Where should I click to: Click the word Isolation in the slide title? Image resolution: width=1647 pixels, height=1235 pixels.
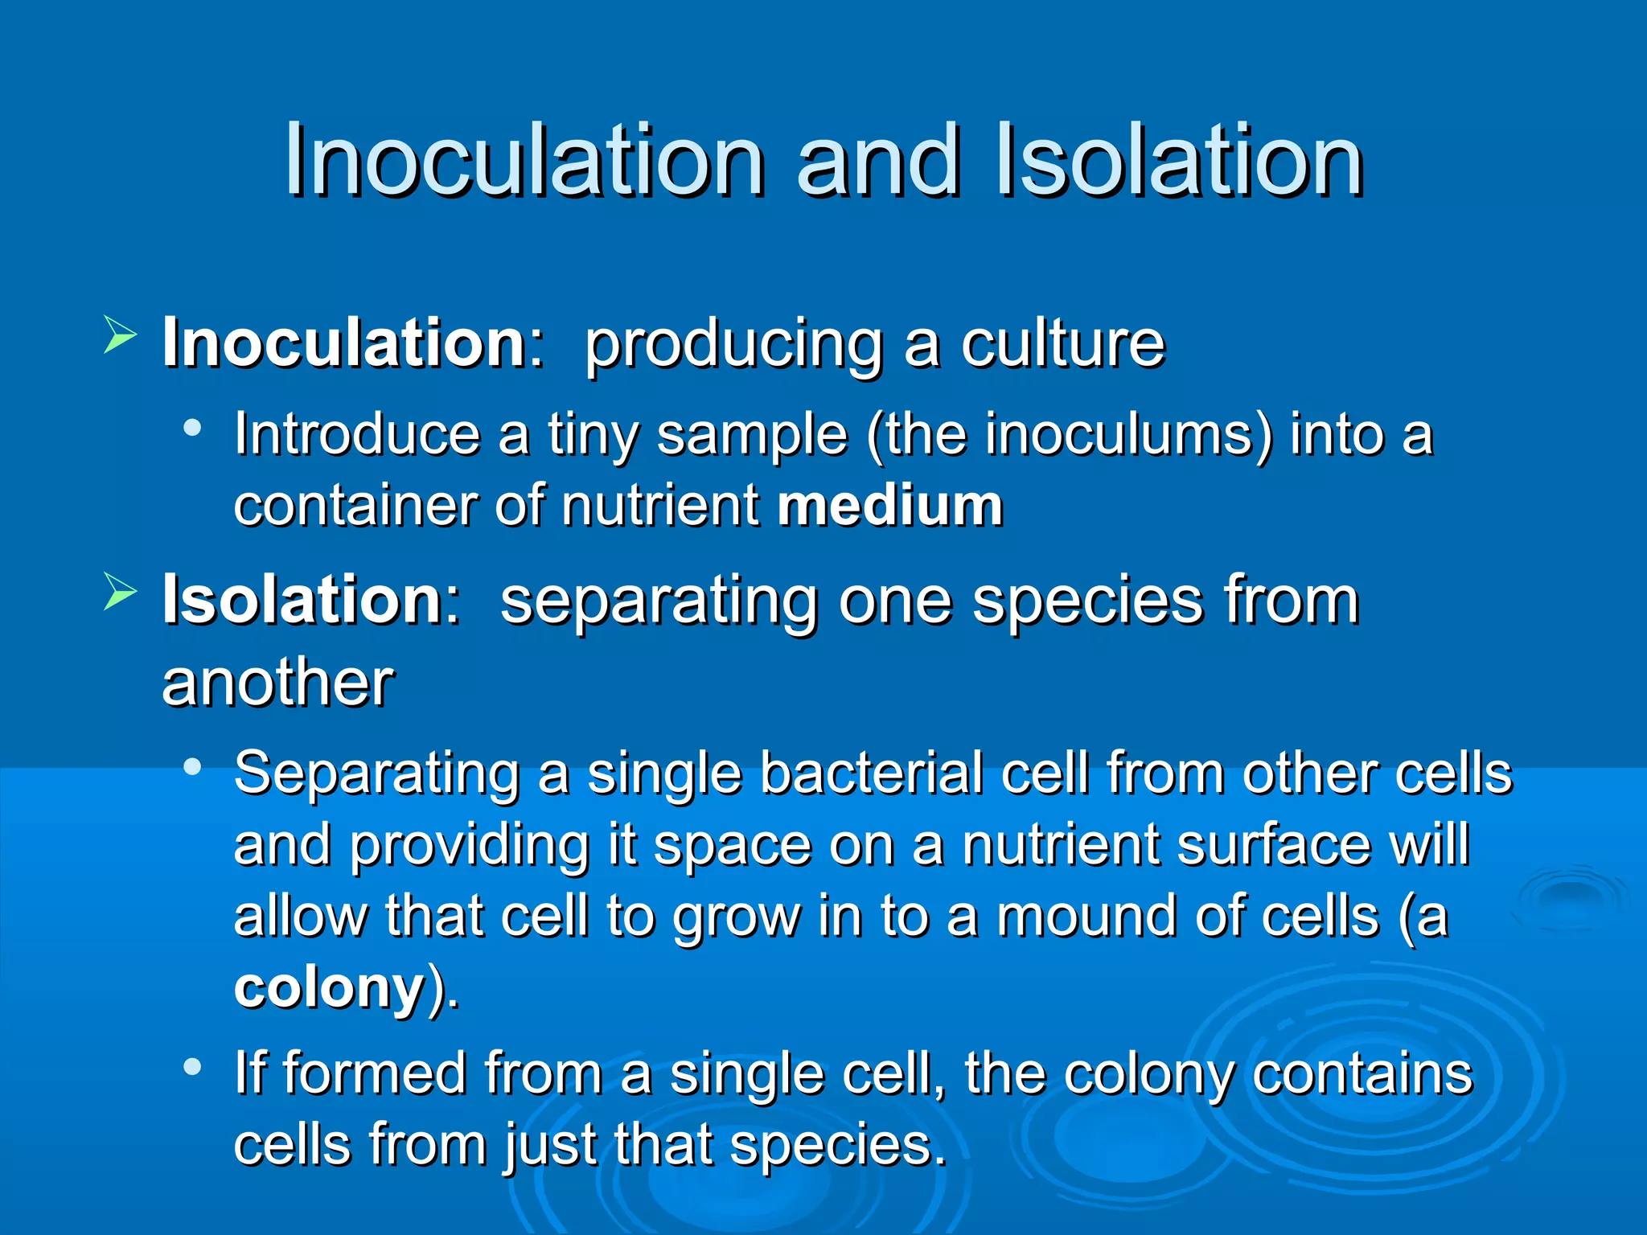(1179, 160)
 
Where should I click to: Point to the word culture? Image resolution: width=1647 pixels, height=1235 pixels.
(1062, 343)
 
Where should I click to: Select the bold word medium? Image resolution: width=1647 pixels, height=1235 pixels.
(890, 506)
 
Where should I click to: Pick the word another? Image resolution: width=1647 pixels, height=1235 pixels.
(277, 683)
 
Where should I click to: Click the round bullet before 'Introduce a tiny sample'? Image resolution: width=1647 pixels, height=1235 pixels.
(191, 427)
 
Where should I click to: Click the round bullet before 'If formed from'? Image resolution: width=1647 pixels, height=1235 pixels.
(191, 1067)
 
